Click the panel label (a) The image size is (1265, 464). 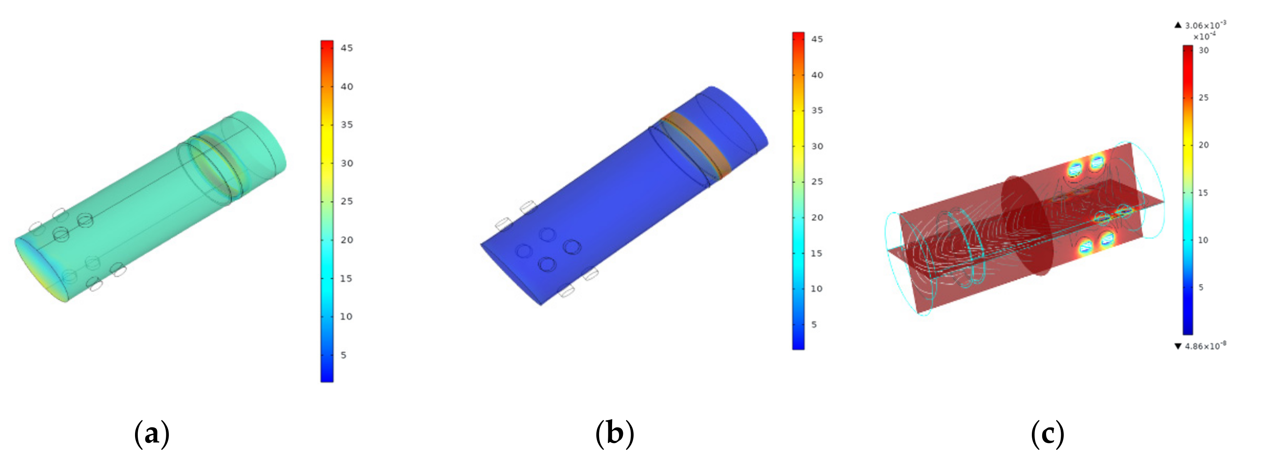152,434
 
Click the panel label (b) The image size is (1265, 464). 615,434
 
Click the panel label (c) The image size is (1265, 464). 1048,434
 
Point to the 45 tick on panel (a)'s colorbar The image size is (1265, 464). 347,48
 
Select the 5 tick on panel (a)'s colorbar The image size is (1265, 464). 344,355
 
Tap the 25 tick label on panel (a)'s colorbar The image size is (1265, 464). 347,201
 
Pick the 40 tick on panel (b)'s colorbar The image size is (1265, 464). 817,75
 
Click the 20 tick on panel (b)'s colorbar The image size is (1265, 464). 817,217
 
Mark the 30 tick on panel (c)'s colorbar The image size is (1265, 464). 1203,50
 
